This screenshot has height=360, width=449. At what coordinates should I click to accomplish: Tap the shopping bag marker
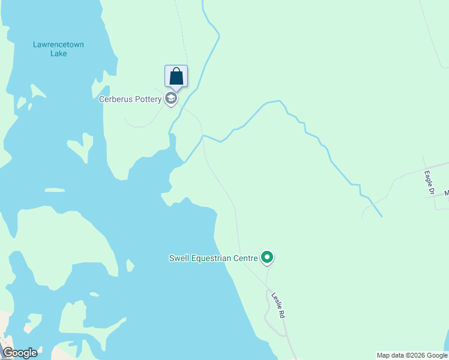(x=176, y=77)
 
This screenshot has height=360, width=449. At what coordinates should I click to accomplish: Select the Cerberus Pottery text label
(x=130, y=99)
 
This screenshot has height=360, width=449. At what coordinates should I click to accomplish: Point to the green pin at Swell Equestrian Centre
(x=267, y=258)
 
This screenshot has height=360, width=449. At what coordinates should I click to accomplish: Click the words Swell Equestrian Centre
(x=213, y=259)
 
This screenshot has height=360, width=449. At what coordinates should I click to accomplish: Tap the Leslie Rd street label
(x=277, y=304)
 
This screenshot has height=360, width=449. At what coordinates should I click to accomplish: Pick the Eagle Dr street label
(x=429, y=183)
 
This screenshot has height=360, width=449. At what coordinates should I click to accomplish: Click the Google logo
(x=20, y=353)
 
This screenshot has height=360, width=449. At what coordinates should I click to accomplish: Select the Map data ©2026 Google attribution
(x=412, y=355)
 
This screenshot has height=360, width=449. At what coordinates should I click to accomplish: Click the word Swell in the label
(x=179, y=259)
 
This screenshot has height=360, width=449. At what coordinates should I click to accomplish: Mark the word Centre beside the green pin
(x=246, y=259)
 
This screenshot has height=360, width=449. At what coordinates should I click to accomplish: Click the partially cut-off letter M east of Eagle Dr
(x=446, y=193)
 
